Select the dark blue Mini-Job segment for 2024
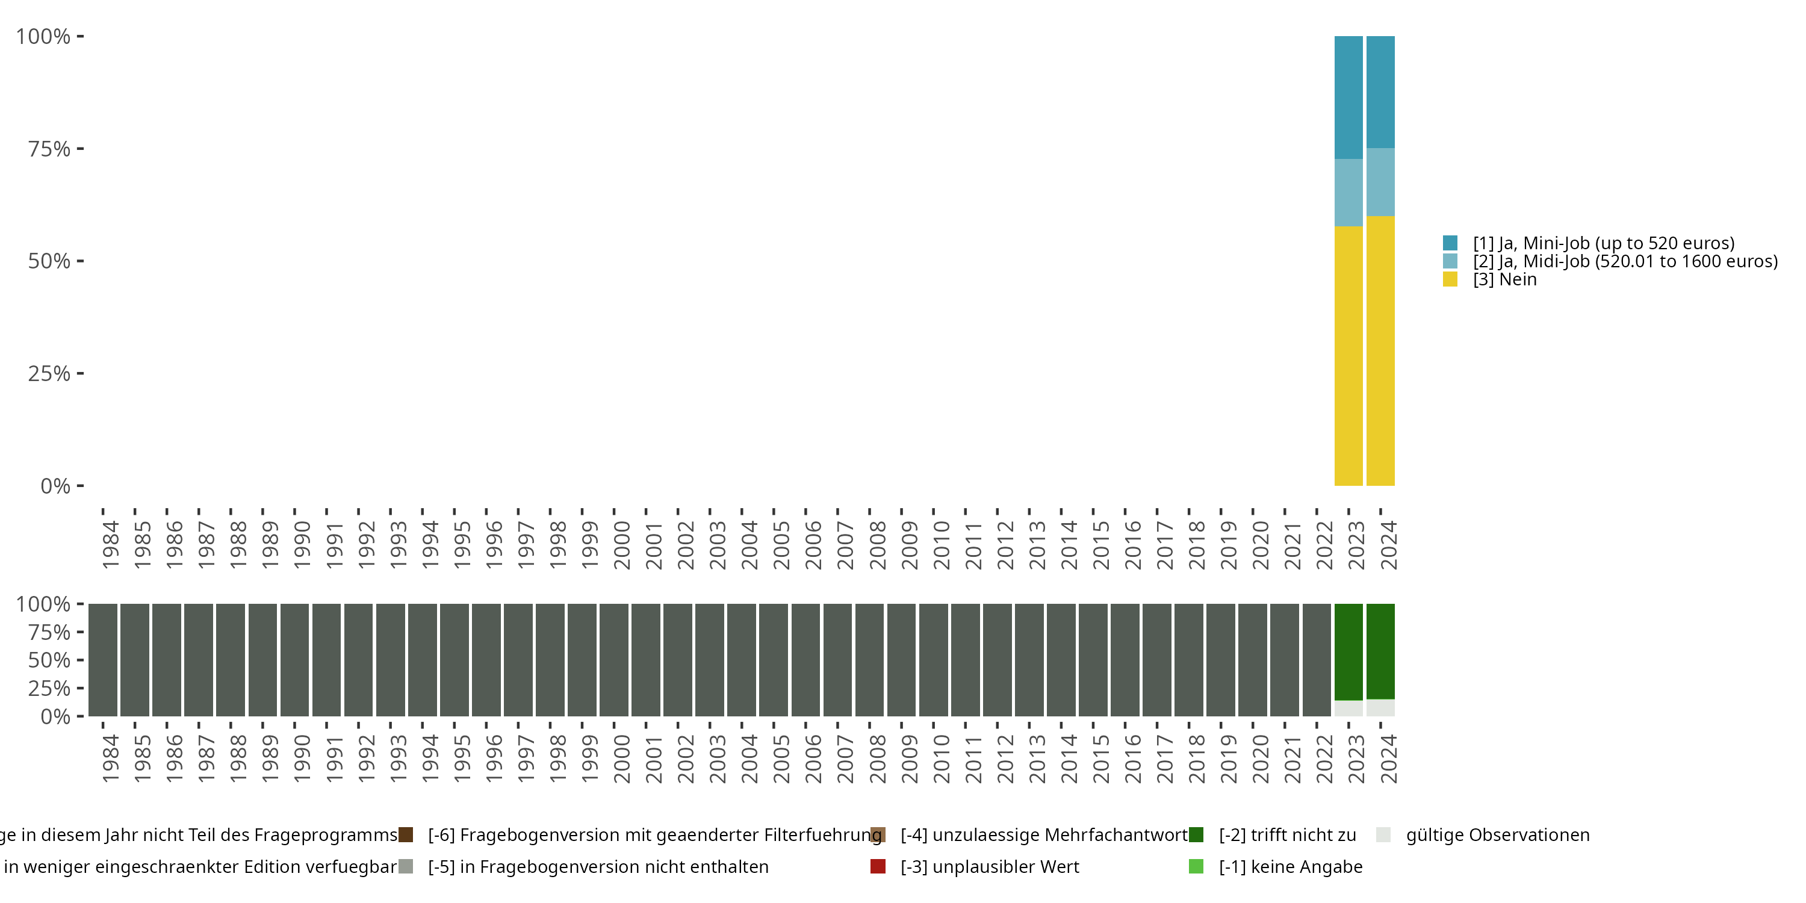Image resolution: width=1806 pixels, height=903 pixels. (1380, 92)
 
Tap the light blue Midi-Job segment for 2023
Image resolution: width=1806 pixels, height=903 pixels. (1348, 192)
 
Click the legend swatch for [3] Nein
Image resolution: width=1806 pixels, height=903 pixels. (1450, 280)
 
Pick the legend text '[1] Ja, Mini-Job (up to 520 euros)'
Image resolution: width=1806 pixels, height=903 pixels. (1603, 243)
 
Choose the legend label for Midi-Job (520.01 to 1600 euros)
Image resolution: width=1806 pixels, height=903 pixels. (1625, 261)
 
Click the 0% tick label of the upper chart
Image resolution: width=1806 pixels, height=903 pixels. (55, 486)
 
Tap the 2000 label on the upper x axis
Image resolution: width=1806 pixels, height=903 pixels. (622, 545)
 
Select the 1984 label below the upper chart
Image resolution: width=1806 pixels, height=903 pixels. (111, 545)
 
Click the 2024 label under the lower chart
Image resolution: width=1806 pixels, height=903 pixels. (1388, 759)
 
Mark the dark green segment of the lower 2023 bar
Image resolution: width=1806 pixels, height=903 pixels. (1348, 651)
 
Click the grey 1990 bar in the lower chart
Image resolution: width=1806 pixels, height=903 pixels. (294, 660)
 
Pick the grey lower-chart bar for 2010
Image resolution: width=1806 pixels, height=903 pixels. (933, 660)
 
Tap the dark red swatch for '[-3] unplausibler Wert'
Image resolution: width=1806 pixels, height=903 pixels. (878, 866)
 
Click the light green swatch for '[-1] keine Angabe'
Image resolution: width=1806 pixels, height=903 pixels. (1196, 866)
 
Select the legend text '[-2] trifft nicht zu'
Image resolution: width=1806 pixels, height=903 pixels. (1287, 835)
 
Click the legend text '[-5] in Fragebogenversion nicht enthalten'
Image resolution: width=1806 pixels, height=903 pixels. (598, 866)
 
